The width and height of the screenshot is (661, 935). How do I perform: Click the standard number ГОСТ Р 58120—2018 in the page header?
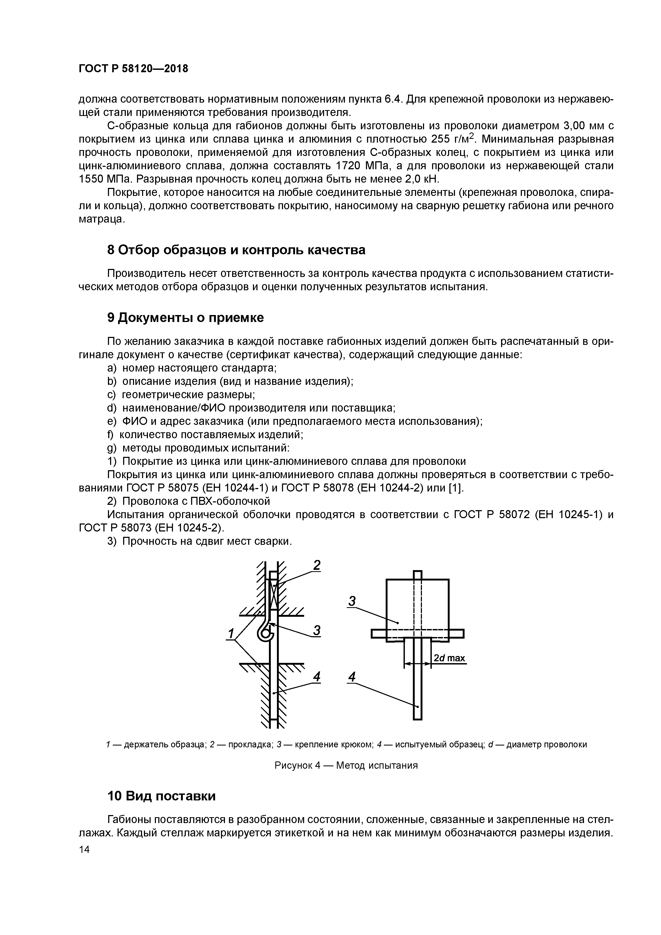[x=133, y=69]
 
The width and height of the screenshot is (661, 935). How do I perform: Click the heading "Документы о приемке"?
[x=191, y=318]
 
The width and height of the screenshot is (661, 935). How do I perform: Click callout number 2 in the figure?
[x=316, y=566]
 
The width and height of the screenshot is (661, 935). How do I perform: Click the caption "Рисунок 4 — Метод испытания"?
[x=346, y=765]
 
